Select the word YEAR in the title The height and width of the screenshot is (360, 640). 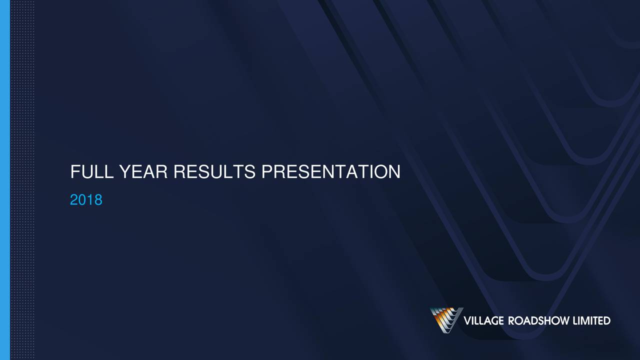coord(143,171)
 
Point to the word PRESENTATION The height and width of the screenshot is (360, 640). coord(331,171)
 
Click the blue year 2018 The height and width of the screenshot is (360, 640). coord(86,199)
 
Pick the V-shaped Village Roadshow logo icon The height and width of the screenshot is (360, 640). coord(446,320)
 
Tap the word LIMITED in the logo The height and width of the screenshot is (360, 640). coord(591,321)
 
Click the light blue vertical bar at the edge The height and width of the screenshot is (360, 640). coord(5,180)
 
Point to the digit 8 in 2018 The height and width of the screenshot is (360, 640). coord(98,199)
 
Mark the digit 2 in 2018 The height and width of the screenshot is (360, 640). coord(74,199)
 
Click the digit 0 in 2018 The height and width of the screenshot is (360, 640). coord(82,199)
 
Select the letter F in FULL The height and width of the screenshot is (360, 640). coord(75,171)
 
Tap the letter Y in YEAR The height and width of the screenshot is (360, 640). coord(125,171)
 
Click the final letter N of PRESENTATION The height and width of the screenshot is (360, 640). coord(394,171)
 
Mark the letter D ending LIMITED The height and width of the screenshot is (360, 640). coord(607,321)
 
